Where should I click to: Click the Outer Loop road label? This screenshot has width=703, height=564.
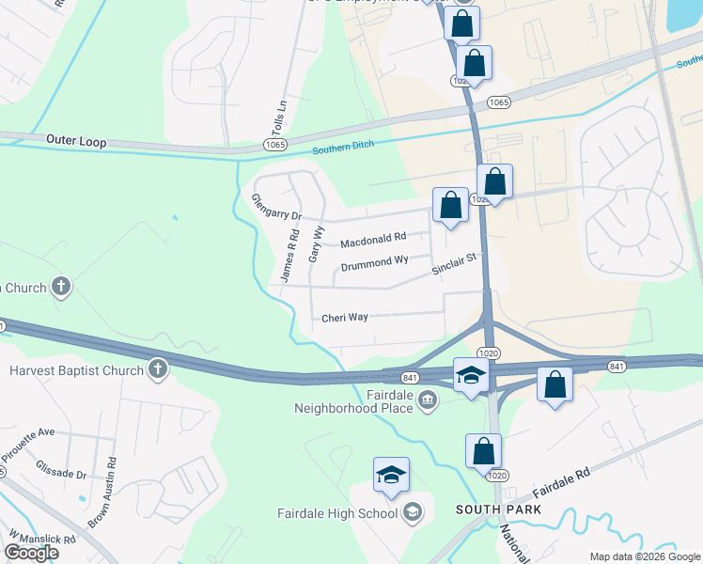[76, 142]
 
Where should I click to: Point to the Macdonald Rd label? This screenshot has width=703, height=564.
[373, 242]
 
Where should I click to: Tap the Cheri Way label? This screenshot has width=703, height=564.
[345, 317]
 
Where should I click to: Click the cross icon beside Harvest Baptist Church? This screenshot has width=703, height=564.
[158, 370]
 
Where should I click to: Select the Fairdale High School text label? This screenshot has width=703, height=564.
[336, 513]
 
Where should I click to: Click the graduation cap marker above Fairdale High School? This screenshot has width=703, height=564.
[391, 476]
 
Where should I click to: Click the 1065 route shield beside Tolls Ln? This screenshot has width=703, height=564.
[274, 145]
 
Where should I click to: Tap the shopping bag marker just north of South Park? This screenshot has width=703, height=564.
[484, 451]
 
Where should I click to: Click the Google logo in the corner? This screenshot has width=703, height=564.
[31, 553]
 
